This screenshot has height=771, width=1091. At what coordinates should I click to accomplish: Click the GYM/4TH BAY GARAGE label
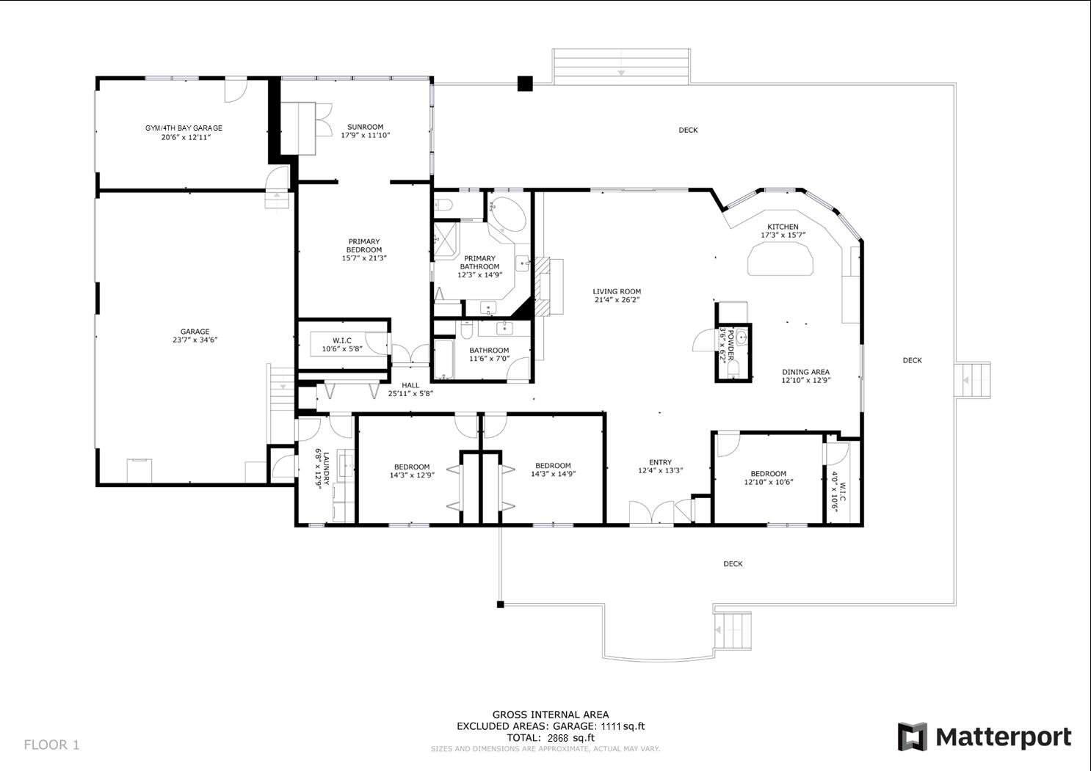pyautogui.click(x=184, y=128)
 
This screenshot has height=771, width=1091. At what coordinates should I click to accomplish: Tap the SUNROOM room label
pyautogui.click(x=365, y=127)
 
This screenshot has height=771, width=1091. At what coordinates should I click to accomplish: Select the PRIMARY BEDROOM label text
pyautogui.click(x=364, y=246)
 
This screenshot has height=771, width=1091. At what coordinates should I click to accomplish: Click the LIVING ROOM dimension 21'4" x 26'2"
pyautogui.click(x=617, y=300)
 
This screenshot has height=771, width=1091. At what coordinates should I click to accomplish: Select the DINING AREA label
pyautogui.click(x=805, y=372)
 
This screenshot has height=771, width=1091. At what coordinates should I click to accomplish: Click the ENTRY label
pyautogui.click(x=660, y=462)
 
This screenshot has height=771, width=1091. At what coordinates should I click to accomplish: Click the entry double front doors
pyautogui.click(x=651, y=513)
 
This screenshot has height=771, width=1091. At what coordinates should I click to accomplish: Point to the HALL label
pyautogui.click(x=410, y=385)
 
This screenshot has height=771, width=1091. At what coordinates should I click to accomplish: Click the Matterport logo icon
pyautogui.click(x=913, y=737)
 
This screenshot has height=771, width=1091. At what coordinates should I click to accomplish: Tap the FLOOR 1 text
pyautogui.click(x=51, y=745)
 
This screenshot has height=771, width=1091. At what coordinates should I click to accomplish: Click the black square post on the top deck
pyautogui.click(x=524, y=84)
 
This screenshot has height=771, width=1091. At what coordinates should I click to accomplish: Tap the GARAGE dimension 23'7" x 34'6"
pyautogui.click(x=195, y=340)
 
